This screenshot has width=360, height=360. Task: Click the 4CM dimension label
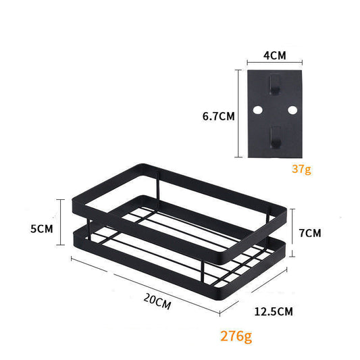click(274, 55)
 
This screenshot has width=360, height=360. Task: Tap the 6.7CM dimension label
click(218, 115)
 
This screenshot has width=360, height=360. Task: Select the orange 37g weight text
click(302, 169)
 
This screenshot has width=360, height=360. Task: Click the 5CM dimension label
click(42, 229)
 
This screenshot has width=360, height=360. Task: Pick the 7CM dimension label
click(309, 233)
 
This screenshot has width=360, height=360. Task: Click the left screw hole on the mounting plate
click(257, 109)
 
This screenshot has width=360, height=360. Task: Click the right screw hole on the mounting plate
click(292, 109)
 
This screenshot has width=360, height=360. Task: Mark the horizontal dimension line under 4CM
click(274, 64)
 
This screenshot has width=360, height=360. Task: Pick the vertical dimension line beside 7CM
click(293, 233)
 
